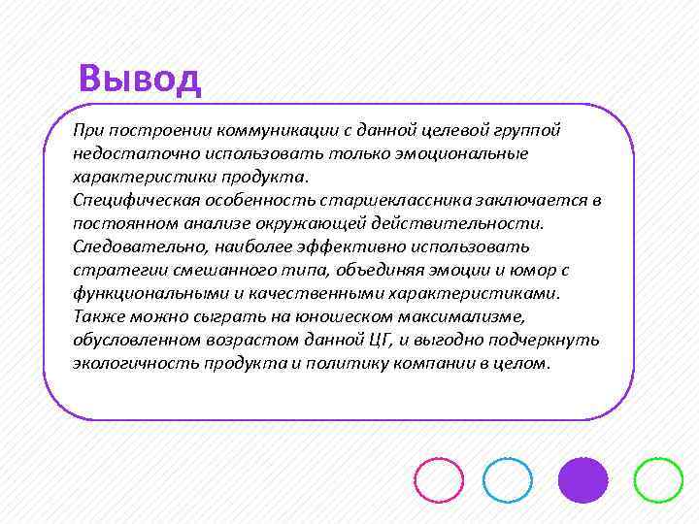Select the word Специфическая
coord(131,200)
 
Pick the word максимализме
coord(462,316)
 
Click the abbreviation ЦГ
coord(376,340)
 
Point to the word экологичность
coord(134,363)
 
